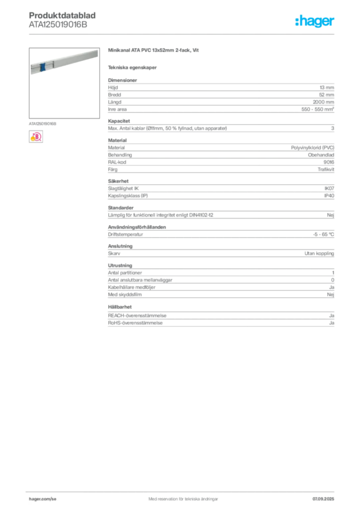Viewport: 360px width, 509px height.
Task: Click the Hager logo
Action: point(314,21)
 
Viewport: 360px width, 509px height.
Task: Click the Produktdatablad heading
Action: point(62,15)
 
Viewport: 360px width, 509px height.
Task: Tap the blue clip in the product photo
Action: point(43,68)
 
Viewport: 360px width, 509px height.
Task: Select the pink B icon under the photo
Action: point(36,137)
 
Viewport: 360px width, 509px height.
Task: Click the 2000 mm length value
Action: point(323,102)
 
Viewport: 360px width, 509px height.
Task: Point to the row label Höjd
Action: point(113,87)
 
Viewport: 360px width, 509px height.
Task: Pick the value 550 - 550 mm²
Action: point(317,109)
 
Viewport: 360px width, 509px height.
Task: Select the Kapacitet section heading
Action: point(119,121)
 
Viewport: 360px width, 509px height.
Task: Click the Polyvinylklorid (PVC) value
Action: point(313,148)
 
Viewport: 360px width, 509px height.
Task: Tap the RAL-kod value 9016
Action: point(329,162)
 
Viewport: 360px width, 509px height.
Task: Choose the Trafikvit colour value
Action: point(326,170)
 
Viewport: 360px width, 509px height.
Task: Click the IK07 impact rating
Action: point(329,188)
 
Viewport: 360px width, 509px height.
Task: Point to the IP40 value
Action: point(329,196)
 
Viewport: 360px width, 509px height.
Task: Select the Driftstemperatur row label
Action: point(125,235)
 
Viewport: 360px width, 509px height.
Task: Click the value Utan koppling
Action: point(319,253)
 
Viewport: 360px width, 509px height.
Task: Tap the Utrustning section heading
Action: point(120,265)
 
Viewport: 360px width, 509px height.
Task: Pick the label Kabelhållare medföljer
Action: point(131,287)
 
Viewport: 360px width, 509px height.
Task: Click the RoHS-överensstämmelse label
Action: point(135,323)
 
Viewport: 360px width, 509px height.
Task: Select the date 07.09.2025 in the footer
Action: point(323,499)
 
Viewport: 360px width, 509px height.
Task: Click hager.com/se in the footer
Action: point(43,499)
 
